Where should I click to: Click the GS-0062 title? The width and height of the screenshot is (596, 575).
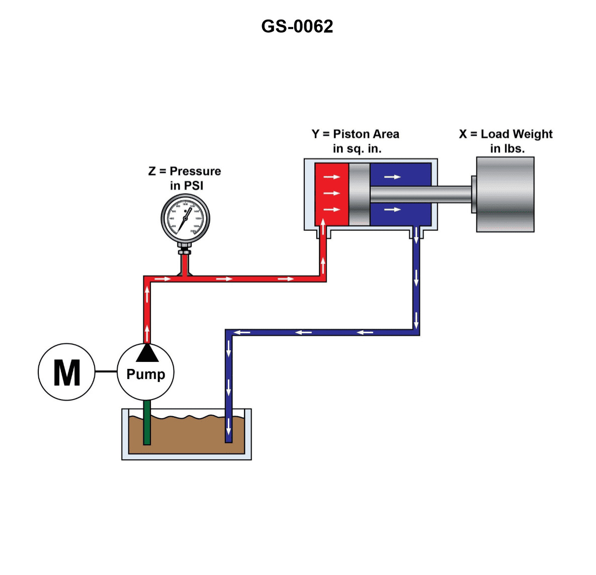[x=297, y=27]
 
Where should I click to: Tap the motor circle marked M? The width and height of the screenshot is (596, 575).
[x=66, y=372]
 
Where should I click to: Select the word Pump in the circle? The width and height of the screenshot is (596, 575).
[x=145, y=374]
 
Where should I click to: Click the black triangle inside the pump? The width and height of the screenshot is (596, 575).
[x=147, y=354]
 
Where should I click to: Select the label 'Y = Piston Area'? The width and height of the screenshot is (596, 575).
[x=355, y=134]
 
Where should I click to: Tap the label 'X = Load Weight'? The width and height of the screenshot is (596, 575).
[x=505, y=134]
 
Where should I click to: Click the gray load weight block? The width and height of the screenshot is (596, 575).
[x=505, y=195]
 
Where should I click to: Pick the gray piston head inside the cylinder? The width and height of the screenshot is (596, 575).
[x=359, y=194]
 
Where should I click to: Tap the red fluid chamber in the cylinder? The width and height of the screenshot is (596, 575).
[x=331, y=194]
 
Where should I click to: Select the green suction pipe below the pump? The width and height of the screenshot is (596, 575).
[x=147, y=422]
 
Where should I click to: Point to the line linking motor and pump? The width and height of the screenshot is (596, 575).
[x=106, y=371]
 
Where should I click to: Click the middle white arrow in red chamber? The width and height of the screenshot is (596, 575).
[x=331, y=193]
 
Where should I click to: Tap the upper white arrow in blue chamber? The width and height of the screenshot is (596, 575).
[x=392, y=177]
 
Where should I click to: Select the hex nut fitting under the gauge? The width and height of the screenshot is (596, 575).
[x=185, y=251]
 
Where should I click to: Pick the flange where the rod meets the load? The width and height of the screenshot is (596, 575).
[x=474, y=195]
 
